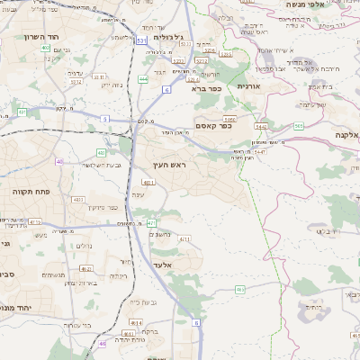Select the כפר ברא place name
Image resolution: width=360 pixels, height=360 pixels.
201,89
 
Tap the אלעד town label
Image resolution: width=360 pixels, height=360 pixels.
163,265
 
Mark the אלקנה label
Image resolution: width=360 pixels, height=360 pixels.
346,134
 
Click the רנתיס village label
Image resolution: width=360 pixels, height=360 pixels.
312,307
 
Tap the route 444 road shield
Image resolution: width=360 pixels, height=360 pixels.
143,79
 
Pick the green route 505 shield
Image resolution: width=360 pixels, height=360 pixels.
298,126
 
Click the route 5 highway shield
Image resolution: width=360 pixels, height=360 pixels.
104,118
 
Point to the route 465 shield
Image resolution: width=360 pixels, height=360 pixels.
240,289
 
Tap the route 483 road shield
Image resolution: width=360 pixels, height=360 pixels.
78,199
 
